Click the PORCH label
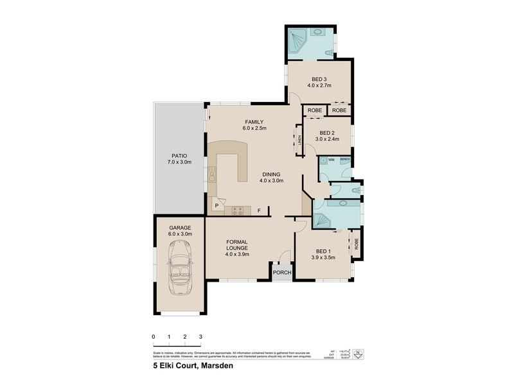[282, 273]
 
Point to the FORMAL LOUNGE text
[237, 248]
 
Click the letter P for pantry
[217, 205]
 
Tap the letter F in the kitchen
[260, 210]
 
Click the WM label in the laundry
[332, 159]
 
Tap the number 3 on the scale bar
[200, 336]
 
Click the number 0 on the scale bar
[154, 336]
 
